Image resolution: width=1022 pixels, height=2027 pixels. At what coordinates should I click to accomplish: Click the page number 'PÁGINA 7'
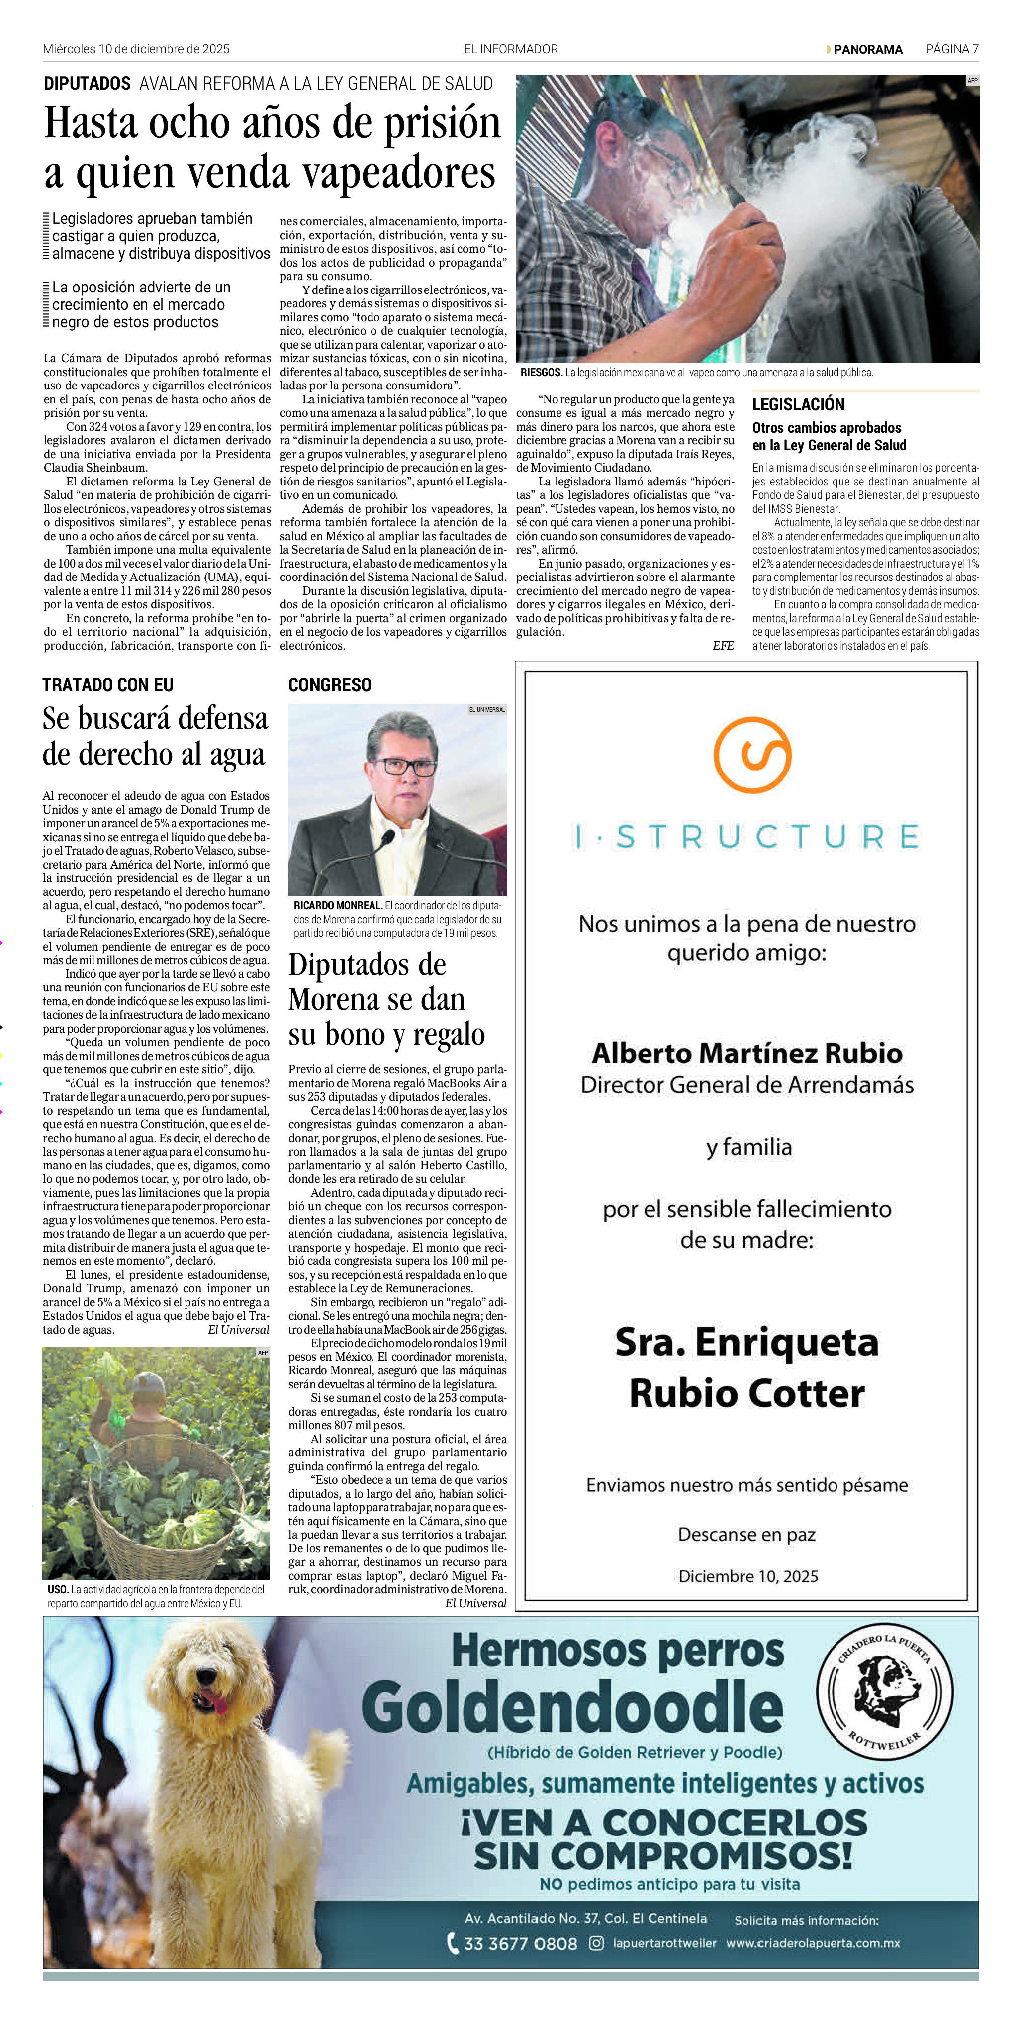pos(952,49)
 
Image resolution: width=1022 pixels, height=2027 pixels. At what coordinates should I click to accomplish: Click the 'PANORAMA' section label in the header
pos(868,49)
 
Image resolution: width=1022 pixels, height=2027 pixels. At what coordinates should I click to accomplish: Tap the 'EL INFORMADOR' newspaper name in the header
pos(511,49)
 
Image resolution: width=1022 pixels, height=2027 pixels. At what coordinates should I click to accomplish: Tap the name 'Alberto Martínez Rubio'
pos(746,1053)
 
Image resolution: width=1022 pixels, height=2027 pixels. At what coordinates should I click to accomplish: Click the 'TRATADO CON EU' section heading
pos(108,684)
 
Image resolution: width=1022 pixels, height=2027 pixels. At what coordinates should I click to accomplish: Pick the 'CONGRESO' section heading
pos(330,684)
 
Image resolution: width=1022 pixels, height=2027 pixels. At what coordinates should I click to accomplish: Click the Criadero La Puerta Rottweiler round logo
pos(884,1689)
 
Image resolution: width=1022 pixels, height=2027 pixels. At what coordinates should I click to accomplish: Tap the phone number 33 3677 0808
pos(520,1943)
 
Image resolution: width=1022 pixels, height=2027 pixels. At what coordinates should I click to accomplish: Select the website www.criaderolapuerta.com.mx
pos(813,1943)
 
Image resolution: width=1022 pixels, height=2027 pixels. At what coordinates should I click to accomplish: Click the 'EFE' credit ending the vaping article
pos(723,645)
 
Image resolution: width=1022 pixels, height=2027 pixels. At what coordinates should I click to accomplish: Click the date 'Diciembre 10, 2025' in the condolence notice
pos(748,1575)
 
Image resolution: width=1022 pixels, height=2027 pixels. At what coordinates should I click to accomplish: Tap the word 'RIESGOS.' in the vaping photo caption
pos(541,372)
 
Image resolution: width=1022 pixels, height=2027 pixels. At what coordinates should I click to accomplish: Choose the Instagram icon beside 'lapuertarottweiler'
pos(596,1943)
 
